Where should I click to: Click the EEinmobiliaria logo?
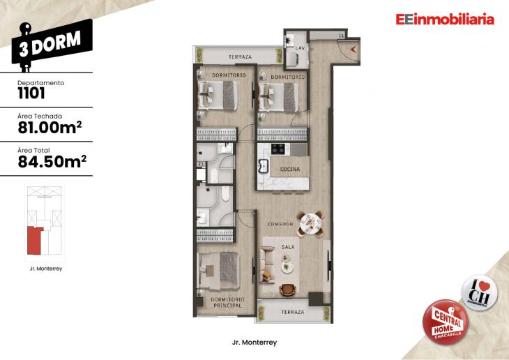[444, 20]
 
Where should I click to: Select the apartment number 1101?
[31, 93]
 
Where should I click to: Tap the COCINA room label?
[290, 170]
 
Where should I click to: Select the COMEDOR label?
[280, 224]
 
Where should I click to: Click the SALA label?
[288, 248]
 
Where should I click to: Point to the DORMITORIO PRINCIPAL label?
[226, 302]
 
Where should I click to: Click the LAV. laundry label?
[301, 47]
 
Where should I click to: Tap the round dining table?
[310, 223]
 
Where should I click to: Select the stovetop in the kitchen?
[277, 148]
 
